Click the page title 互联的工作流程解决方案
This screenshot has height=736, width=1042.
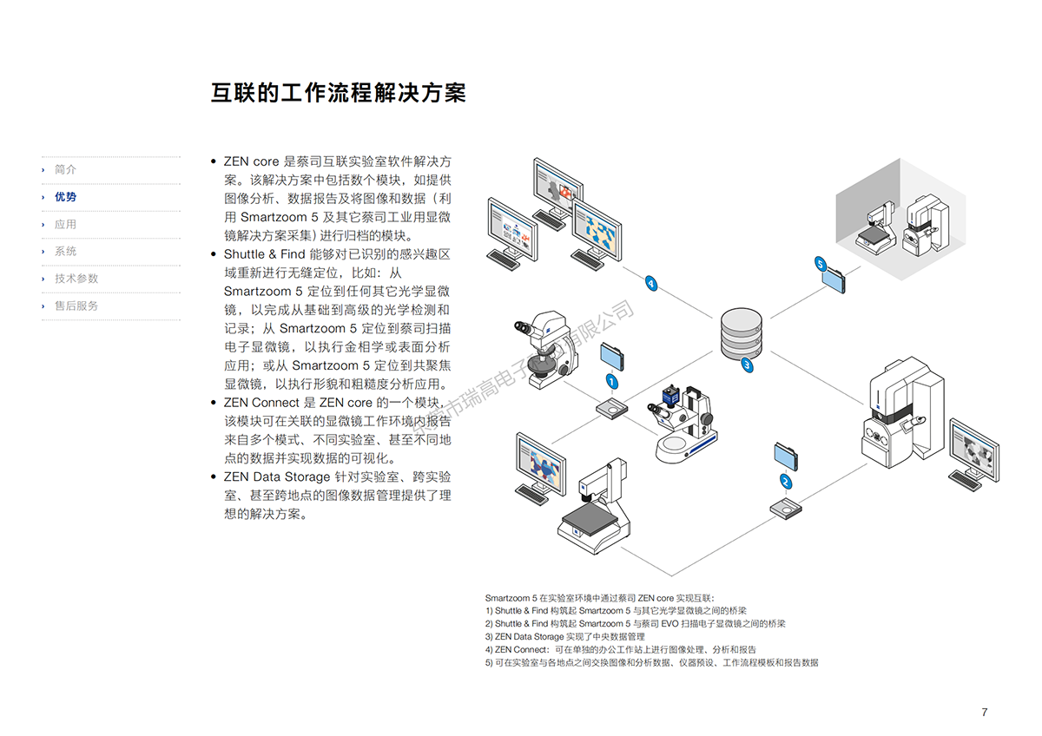[338, 93]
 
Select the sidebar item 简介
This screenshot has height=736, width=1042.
[65, 170]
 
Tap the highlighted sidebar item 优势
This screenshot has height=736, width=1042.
[65, 197]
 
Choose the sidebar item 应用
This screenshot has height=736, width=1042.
[65, 224]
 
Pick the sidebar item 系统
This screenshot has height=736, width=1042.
[65, 252]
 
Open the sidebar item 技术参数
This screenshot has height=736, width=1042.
[76, 279]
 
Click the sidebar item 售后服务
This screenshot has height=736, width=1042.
[76, 306]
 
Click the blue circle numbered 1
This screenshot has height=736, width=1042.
[611, 382]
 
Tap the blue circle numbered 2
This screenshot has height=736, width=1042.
[786, 481]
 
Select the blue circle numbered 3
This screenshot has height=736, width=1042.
[747, 365]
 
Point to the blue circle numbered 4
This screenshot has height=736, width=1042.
[650, 283]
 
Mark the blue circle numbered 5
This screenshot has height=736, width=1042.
[820, 262]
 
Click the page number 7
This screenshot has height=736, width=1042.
[984, 713]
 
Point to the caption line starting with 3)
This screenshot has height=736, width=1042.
[564, 636]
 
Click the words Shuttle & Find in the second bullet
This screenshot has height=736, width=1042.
[264, 254]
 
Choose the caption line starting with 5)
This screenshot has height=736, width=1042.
[651, 662]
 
